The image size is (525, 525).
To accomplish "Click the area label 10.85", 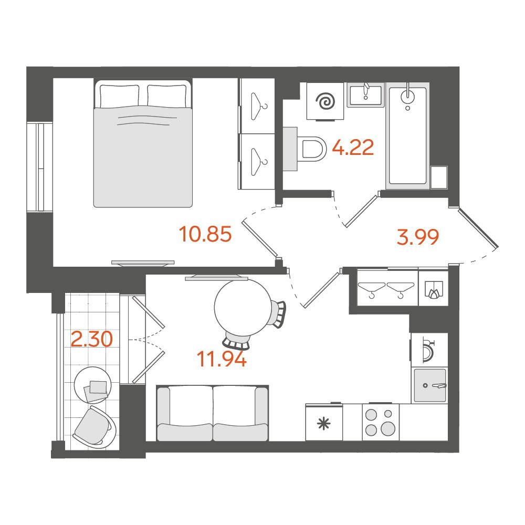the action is coord(205,234).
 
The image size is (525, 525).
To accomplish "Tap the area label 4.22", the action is coord(353,148).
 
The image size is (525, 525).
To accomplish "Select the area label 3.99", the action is coord(417,237).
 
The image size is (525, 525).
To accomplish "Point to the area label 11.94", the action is coord(222,359).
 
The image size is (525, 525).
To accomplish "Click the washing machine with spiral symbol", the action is coord(325,101).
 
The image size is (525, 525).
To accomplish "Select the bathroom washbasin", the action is coord(365,95).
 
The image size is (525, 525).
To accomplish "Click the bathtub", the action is coord(407,135).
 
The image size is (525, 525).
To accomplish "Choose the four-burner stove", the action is coord(380,422).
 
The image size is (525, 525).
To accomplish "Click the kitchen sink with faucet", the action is coord(430,385).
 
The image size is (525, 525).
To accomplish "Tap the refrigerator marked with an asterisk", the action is coord(324,422).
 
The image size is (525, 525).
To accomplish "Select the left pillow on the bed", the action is coord(120,96).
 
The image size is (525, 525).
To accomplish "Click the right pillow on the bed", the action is coord(167,96).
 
